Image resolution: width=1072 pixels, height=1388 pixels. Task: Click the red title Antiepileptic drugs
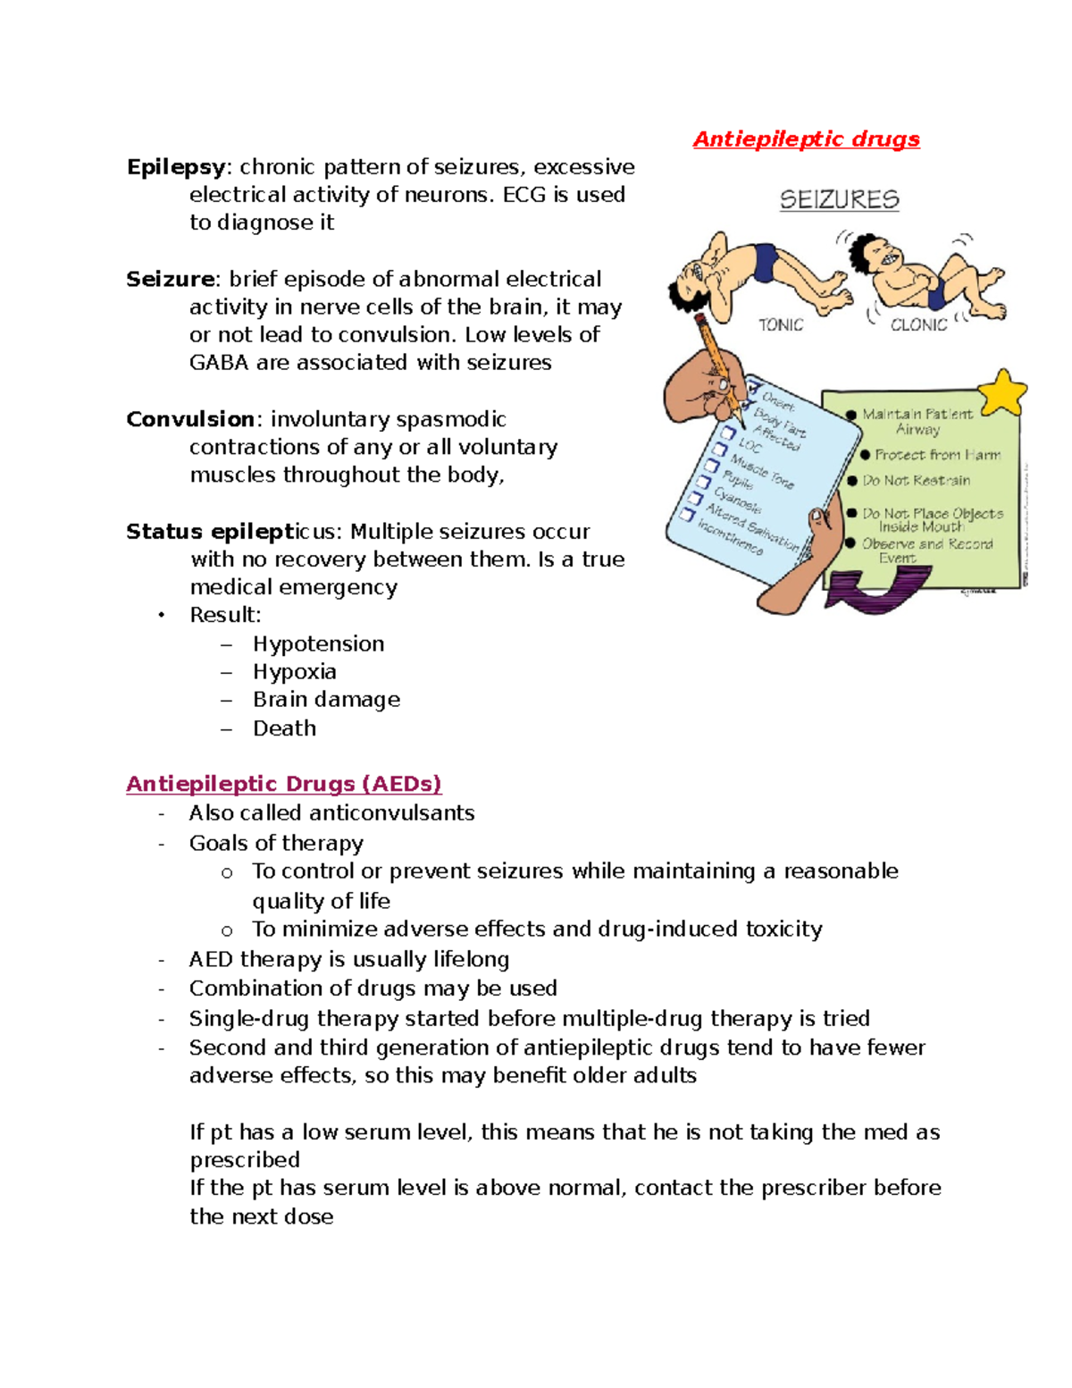806,139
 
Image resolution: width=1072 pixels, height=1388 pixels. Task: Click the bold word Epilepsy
176,168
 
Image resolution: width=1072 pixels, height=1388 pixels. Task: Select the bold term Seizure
170,280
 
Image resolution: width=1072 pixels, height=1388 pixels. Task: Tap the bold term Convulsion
190,420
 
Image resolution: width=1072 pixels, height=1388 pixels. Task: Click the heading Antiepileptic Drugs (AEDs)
284,785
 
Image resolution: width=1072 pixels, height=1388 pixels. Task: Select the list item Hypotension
318,644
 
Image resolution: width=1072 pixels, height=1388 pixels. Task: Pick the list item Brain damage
326,700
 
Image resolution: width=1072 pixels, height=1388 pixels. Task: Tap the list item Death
284,728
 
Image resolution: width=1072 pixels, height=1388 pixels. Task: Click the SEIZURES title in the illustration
839,199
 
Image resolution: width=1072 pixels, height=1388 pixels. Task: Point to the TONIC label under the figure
781,325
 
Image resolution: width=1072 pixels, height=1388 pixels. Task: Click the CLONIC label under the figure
918,325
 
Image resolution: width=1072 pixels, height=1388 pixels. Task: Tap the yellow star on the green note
1002,392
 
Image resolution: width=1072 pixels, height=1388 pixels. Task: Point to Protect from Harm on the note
937,455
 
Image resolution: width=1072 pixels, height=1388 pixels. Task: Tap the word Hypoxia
294,672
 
